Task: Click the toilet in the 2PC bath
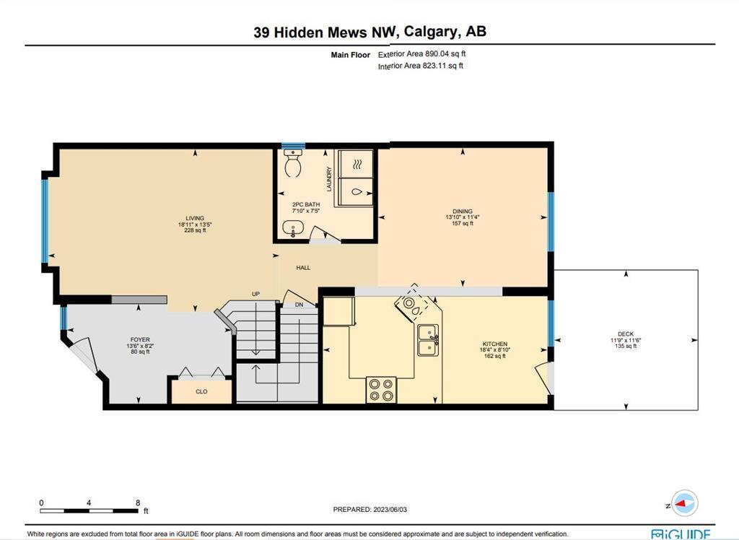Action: [293, 162]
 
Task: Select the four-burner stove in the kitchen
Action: [381, 390]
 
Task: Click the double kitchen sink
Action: [429, 340]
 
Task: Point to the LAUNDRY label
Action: [329, 179]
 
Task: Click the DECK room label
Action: [626, 334]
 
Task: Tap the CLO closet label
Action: [201, 391]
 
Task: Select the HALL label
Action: [303, 267]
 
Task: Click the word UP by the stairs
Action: [255, 294]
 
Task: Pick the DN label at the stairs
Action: [299, 305]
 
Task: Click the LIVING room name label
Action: [195, 218]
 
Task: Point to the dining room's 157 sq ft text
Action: [463, 223]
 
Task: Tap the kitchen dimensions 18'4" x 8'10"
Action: [495, 350]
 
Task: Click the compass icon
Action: [685, 504]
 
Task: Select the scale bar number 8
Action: [138, 502]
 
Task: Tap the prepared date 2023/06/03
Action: [390, 510]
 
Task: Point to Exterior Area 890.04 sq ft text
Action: [421, 53]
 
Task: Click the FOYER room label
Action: [140, 339]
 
